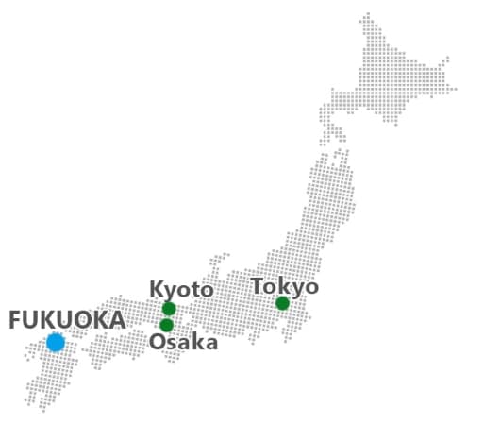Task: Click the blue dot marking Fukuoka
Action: tap(56, 342)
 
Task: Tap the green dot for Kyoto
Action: tap(169, 309)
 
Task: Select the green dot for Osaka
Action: tap(167, 326)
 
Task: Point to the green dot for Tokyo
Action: tap(282, 303)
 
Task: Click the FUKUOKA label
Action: tap(67, 320)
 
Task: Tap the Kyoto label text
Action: tap(181, 289)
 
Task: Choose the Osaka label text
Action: tap(183, 342)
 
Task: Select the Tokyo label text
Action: tap(284, 286)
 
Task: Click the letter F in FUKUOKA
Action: tap(15, 320)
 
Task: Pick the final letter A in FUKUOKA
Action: tap(117, 320)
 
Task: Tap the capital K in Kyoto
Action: tap(156, 289)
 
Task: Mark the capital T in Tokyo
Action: tap(257, 286)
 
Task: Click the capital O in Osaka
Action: tap(157, 342)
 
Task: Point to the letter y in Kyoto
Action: tap(170, 291)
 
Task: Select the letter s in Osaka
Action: tap(171, 343)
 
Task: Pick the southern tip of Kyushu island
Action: tap(42, 409)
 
